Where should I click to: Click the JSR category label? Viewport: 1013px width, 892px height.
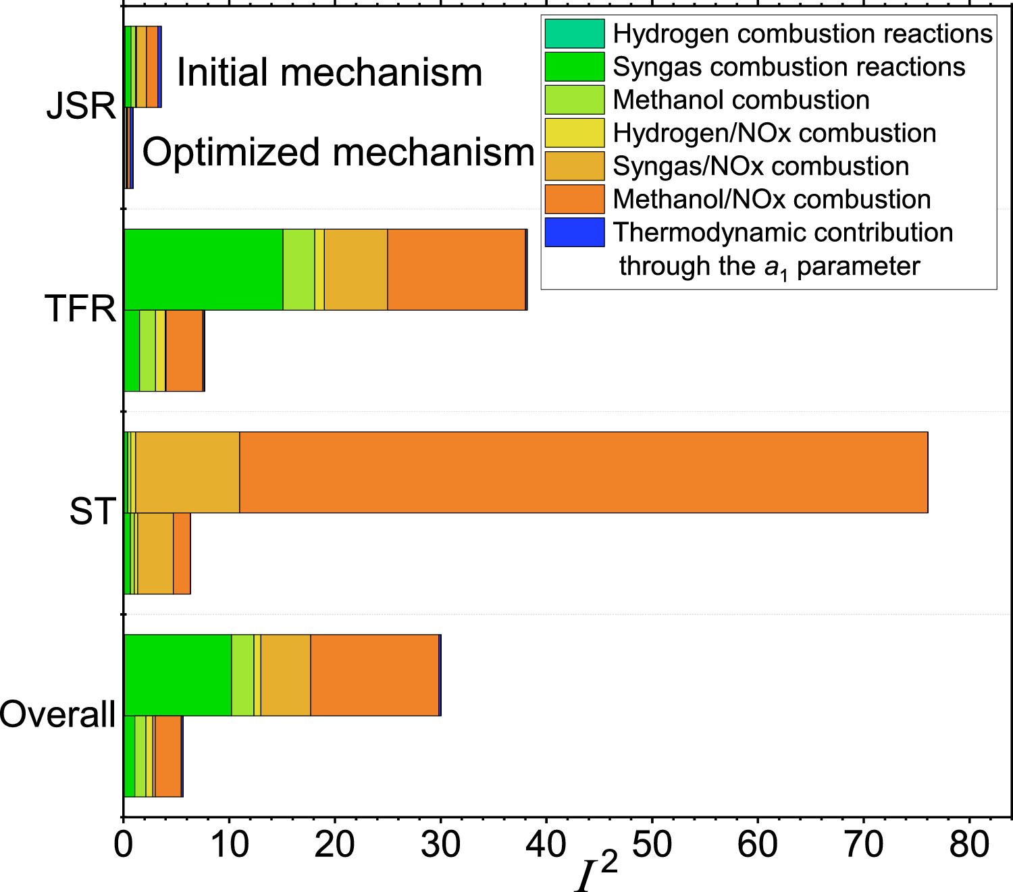pyautogui.click(x=81, y=106)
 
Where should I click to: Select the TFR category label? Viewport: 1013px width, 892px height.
pyautogui.click(x=80, y=309)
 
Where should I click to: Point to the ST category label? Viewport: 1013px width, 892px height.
pyautogui.click(x=93, y=511)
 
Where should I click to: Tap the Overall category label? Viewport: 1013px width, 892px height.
pyautogui.click(x=58, y=714)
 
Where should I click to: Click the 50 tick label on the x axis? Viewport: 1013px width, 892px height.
pyautogui.click(x=652, y=844)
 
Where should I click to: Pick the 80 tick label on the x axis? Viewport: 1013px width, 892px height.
pyautogui.click(x=969, y=844)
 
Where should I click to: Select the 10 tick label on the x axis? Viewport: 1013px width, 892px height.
pyautogui.click(x=229, y=844)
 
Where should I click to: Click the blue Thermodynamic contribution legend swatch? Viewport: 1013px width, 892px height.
pyautogui.click(x=574, y=232)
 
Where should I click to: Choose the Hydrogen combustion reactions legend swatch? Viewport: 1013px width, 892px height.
pyautogui.click(x=574, y=34)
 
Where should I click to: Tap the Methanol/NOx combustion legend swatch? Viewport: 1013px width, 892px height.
pyautogui.click(x=574, y=199)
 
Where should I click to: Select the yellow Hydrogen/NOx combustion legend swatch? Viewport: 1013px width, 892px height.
pyautogui.click(x=574, y=133)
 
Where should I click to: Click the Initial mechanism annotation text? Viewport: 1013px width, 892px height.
pyautogui.click(x=330, y=72)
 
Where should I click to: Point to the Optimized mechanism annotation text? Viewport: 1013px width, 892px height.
pyautogui.click(x=338, y=152)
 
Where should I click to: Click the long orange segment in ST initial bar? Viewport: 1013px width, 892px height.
pyautogui.click(x=583, y=473)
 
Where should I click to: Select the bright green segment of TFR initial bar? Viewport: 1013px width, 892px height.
pyautogui.click(x=203, y=270)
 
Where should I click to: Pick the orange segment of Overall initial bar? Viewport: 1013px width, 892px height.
pyautogui.click(x=374, y=675)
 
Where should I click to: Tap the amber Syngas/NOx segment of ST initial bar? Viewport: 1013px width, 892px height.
pyautogui.click(x=188, y=473)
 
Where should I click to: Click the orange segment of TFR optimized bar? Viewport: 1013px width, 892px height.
pyautogui.click(x=184, y=351)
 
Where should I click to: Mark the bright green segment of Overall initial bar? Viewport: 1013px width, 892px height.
pyautogui.click(x=178, y=675)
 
